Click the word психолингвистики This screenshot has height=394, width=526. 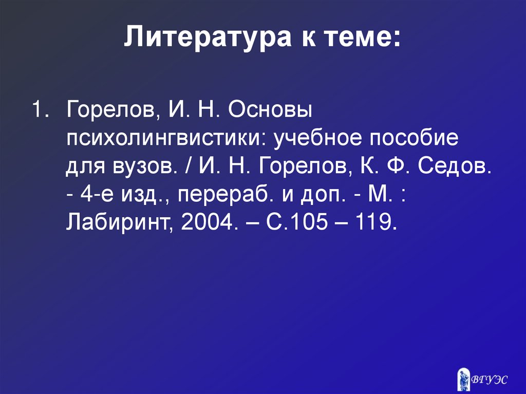click(165, 138)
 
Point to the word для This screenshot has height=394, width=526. click(84, 167)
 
